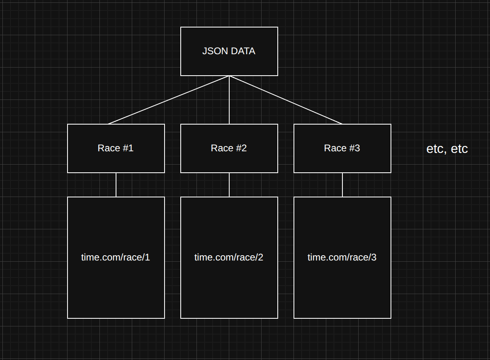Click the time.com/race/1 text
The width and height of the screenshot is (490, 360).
116,257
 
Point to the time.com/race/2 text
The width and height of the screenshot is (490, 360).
229,257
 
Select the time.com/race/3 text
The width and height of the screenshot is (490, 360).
342,257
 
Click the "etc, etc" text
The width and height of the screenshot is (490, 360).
447,148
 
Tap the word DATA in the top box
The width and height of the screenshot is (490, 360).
243,51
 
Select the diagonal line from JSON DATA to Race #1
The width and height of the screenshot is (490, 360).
169,100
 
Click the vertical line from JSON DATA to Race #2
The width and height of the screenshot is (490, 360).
229,100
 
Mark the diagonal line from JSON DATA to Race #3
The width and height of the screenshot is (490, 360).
286,100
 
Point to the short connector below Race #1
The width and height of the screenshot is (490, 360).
116,185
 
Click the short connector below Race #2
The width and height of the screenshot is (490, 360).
229,185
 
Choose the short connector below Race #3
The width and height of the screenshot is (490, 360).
342,185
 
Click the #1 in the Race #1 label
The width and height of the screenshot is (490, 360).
128,148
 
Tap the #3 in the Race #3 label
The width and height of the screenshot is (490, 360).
355,148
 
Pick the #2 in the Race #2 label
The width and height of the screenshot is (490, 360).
241,148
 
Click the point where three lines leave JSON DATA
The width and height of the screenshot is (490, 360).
229,76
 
